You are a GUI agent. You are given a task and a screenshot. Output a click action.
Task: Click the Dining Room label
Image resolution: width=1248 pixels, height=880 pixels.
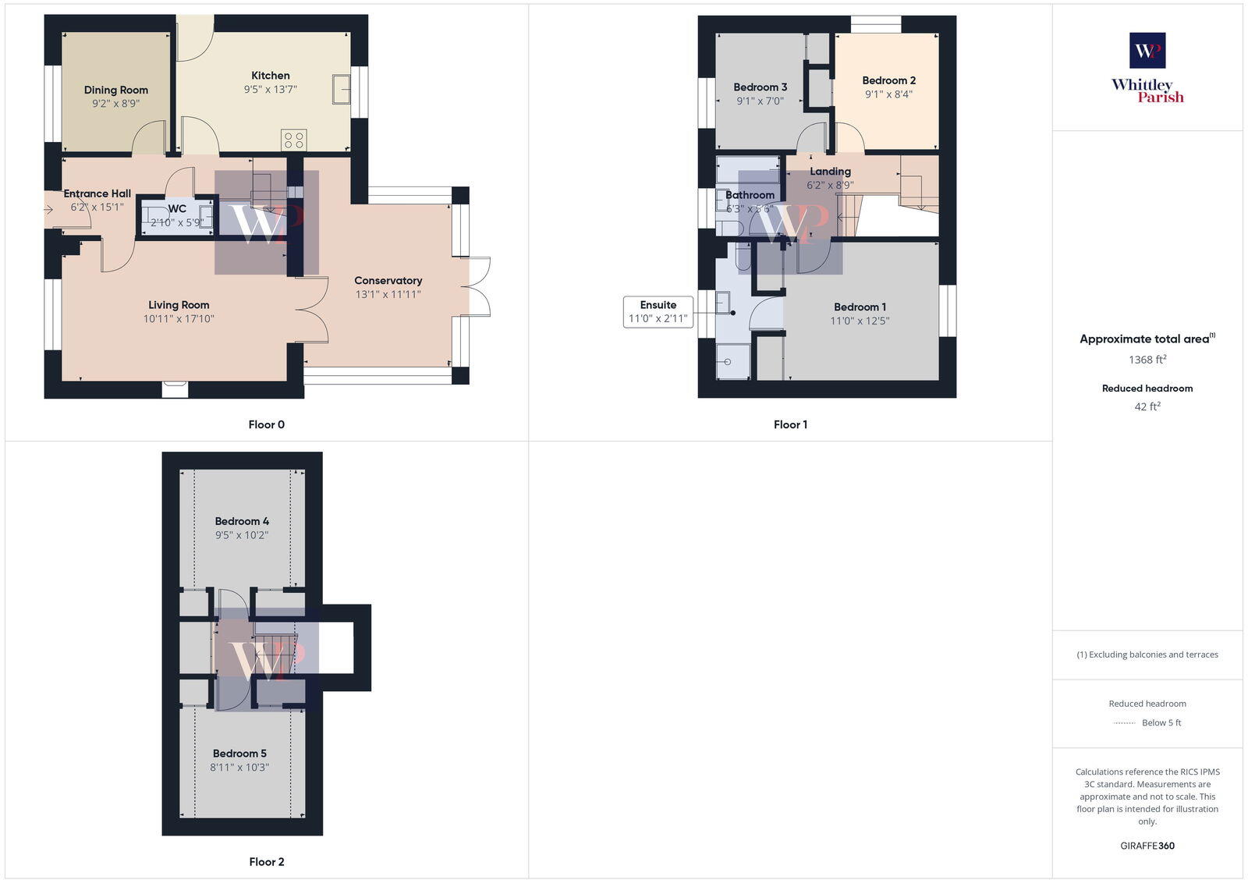coord(116,90)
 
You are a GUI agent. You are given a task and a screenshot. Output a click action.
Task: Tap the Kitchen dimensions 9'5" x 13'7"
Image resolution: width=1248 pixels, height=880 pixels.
coord(271,90)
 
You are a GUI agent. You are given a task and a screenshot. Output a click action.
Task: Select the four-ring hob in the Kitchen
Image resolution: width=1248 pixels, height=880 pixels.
coord(294,140)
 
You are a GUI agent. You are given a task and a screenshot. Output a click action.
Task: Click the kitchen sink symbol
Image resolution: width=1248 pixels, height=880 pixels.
coord(341,89)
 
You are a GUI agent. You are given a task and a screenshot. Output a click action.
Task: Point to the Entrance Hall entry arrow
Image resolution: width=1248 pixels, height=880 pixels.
coord(48,209)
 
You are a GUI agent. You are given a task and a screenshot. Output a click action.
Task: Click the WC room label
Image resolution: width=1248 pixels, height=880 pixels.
coord(177,208)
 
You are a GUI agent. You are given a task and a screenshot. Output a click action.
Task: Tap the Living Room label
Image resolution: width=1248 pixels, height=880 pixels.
coord(179,305)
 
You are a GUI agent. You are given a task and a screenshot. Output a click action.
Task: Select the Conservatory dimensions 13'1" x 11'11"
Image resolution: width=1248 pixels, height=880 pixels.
coord(388,294)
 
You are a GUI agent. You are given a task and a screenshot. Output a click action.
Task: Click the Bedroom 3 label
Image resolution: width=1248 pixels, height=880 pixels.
coord(760,87)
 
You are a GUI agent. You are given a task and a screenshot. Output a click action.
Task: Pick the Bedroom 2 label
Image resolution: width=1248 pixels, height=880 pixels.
coord(888,80)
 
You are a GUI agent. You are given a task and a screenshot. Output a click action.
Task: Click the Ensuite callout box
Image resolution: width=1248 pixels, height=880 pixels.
coord(658,311)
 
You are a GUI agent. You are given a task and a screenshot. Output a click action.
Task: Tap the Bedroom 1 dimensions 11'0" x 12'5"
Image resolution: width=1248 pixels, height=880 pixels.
coord(860,321)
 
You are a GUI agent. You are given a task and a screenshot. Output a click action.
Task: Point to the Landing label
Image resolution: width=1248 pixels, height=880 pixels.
coord(830,171)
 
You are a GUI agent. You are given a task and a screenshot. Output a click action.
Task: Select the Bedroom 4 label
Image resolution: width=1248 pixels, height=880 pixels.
coord(242,521)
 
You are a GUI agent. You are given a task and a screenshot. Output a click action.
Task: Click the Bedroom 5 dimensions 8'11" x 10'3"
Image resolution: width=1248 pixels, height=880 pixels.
coord(239,767)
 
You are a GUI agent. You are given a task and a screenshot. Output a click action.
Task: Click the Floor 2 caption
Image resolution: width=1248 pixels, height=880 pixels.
coord(267,861)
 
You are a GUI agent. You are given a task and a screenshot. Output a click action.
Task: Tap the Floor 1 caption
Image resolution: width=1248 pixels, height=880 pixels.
coord(790,424)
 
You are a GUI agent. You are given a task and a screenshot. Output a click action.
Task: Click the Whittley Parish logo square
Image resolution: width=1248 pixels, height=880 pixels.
coord(1147,51)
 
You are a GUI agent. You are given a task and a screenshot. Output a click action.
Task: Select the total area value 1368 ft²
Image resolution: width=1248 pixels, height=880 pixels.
coord(1147,360)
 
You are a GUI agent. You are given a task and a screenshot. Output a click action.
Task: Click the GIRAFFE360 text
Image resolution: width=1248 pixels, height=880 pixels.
coord(1147,846)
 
